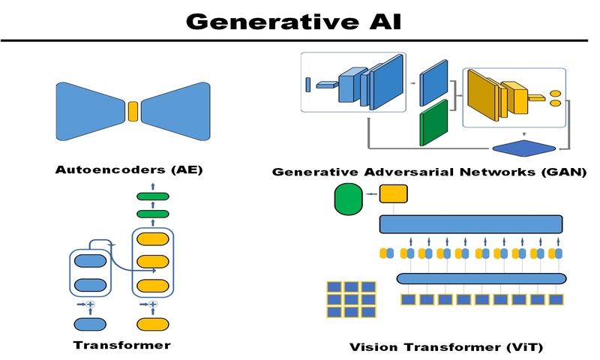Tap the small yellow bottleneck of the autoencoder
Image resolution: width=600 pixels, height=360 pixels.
(x=133, y=111)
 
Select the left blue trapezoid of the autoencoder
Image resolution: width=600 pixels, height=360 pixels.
(x=90, y=111)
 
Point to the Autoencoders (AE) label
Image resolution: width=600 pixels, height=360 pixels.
(x=129, y=169)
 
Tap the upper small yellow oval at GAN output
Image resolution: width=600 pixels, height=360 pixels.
(x=556, y=93)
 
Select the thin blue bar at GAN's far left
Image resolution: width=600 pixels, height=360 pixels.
(x=307, y=84)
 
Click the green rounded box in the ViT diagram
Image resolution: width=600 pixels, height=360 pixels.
(x=347, y=199)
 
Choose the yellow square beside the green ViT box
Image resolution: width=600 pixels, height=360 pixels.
(x=393, y=193)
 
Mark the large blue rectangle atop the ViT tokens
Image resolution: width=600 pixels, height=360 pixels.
(x=471, y=223)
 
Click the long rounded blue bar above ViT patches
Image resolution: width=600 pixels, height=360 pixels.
(x=481, y=278)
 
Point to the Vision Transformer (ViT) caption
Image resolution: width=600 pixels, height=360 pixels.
(x=445, y=347)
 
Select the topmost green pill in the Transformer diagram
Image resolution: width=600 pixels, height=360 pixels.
(x=152, y=196)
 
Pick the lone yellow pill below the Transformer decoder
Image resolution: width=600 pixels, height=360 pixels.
(x=152, y=324)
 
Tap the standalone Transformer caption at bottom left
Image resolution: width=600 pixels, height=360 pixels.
(x=121, y=345)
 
